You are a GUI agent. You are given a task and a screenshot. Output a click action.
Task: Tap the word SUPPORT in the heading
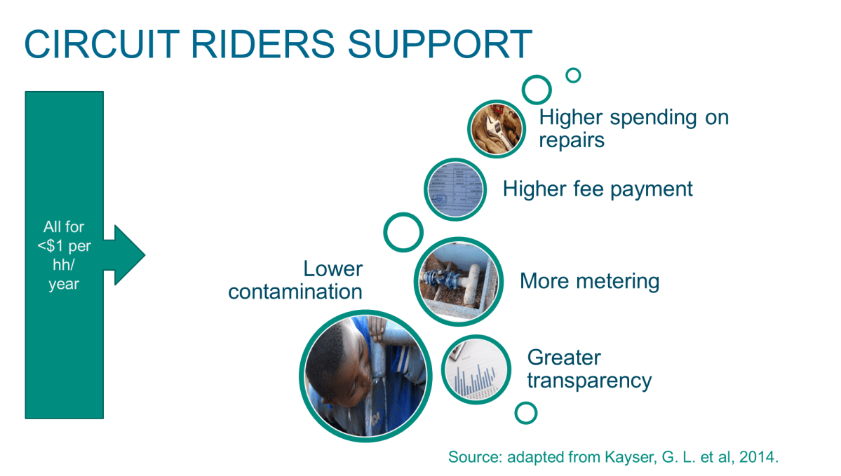click(x=440, y=44)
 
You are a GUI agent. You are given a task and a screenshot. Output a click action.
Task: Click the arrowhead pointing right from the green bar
click(x=129, y=255)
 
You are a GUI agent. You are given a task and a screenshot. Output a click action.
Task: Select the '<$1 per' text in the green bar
click(x=64, y=246)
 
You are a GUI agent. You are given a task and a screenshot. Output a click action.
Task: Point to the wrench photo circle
click(x=496, y=129)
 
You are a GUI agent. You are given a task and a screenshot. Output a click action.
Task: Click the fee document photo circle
click(x=455, y=189)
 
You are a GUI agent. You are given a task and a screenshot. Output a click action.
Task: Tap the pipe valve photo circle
click(x=459, y=281)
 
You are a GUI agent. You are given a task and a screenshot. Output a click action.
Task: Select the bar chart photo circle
click(x=476, y=369)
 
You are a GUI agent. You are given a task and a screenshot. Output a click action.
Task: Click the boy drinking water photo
click(x=365, y=376)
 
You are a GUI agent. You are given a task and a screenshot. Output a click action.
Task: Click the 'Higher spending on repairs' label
click(x=634, y=129)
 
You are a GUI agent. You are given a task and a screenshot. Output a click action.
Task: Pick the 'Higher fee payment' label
click(x=598, y=189)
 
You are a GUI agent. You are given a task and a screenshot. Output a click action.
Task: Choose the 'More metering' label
click(x=589, y=281)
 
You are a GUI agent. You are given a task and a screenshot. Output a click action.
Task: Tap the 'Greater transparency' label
click(x=589, y=369)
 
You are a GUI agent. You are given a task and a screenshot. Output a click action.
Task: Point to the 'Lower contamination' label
click(x=295, y=280)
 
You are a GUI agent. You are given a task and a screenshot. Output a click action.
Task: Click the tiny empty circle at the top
click(x=573, y=75)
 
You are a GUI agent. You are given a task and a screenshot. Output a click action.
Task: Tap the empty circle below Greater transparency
click(x=525, y=414)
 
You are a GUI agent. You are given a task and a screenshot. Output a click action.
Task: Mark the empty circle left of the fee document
click(x=403, y=232)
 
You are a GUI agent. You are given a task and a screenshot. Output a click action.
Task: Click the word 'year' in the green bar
click(x=64, y=284)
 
